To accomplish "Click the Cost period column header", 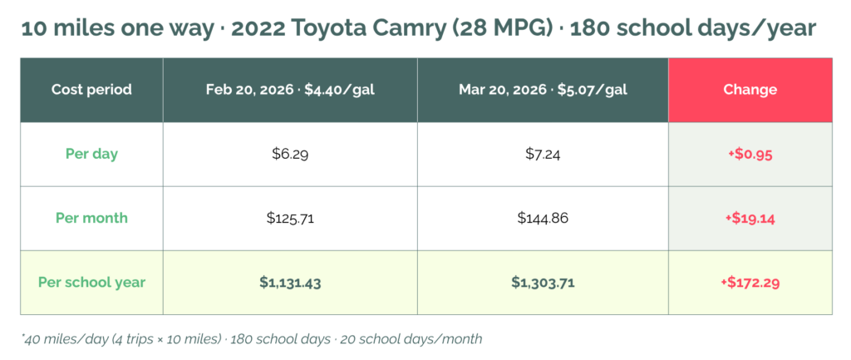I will [x=91, y=90].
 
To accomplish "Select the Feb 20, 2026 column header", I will [x=290, y=90].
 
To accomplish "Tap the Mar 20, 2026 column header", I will [x=543, y=90].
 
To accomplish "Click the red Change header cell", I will [x=750, y=90].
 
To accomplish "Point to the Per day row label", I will [x=91, y=154].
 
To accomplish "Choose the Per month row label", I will [x=91, y=218].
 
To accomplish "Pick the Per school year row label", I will [x=91, y=282].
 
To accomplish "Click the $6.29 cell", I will [x=290, y=154].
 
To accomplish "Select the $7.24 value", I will [x=543, y=154].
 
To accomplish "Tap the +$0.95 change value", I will [x=750, y=154].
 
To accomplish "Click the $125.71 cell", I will [x=290, y=218].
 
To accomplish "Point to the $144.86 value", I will [x=543, y=218].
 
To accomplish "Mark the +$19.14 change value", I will [x=750, y=218].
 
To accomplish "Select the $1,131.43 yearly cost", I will [x=290, y=282].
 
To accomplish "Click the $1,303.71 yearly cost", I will [x=543, y=282].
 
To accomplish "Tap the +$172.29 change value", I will [x=750, y=282].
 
